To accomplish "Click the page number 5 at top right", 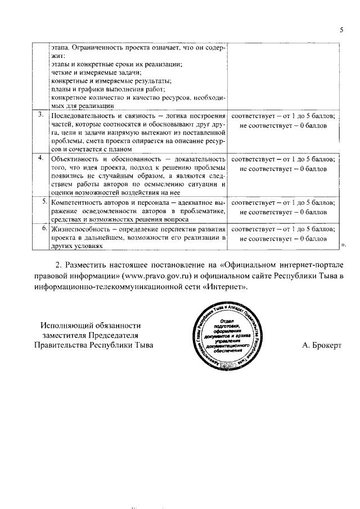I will pos(341,30).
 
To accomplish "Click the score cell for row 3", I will pos(283,120).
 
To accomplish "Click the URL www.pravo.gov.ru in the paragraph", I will pos(163,275).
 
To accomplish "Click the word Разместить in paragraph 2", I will pos(90,264).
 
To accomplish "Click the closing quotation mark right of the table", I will pos(344,245).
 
